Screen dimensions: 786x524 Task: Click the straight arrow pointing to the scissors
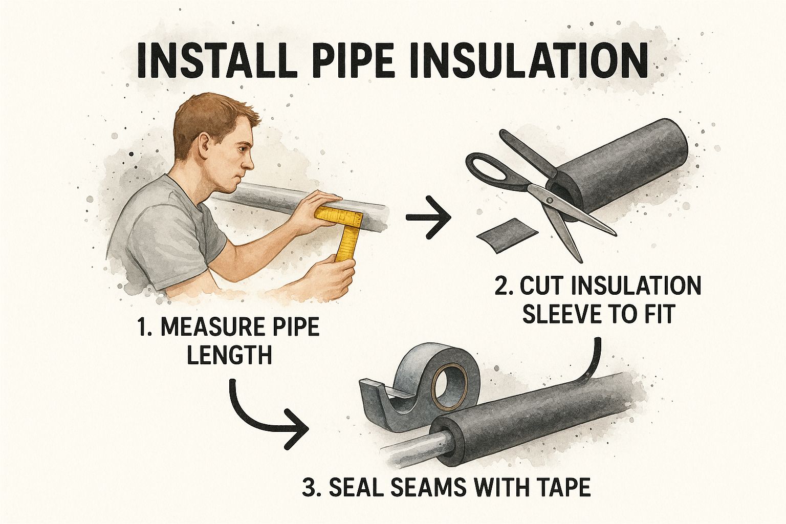pos(428,217)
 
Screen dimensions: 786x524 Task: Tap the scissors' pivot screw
pos(550,201)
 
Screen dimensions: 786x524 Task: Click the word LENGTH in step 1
pos(229,355)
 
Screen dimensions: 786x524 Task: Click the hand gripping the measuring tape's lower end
pos(332,278)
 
